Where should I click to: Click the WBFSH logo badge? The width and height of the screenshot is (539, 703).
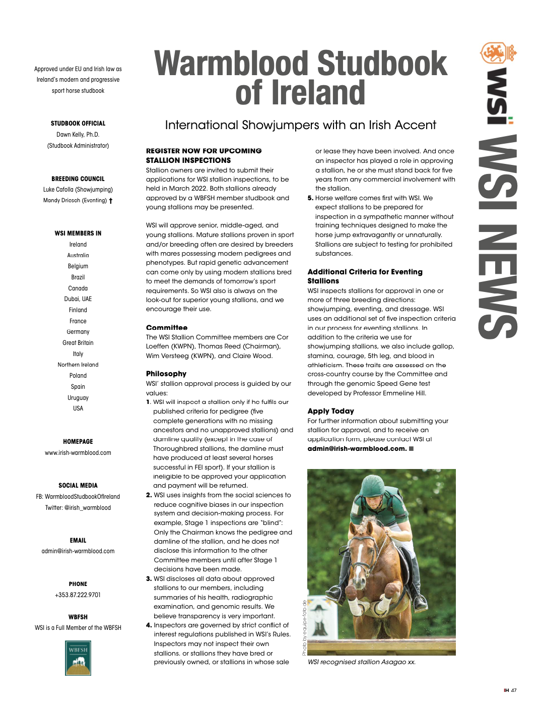(78, 658)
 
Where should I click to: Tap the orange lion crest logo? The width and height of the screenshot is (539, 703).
(498, 53)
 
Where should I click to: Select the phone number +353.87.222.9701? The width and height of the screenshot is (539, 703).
(78, 595)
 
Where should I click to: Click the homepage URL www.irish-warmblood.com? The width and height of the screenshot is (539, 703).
(78, 453)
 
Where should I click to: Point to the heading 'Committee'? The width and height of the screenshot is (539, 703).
(167, 328)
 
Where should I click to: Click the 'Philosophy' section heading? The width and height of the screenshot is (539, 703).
(166, 374)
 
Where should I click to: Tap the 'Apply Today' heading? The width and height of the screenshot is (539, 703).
(330, 411)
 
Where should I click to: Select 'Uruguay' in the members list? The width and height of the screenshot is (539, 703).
(78, 398)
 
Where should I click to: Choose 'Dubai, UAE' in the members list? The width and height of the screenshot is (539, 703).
(78, 299)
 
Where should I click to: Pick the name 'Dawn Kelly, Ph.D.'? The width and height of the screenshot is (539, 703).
(78, 135)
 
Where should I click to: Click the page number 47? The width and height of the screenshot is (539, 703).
(514, 690)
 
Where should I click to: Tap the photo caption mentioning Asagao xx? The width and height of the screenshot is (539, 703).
(362, 662)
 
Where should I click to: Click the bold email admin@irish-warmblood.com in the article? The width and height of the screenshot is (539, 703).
(357, 449)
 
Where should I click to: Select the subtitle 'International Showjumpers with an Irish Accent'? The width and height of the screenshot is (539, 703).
(301, 125)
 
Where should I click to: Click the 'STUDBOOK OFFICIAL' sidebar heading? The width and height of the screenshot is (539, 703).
(78, 124)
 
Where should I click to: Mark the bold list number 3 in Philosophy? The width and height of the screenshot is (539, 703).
(149, 579)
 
